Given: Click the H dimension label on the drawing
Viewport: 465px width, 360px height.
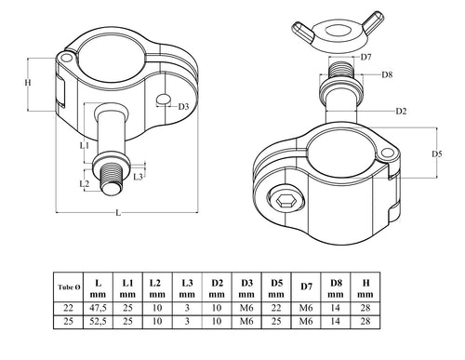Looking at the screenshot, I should (29, 83).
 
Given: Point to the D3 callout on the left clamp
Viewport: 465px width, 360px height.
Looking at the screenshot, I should (183, 107).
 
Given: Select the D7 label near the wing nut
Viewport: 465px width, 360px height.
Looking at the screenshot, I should (366, 58).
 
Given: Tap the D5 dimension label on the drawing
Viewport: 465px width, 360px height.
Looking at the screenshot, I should (438, 153).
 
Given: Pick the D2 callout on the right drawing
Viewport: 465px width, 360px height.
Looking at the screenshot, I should (401, 112).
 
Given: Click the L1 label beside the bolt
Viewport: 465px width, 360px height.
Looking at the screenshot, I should (84, 145).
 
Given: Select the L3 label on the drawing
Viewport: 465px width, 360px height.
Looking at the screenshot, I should (138, 175).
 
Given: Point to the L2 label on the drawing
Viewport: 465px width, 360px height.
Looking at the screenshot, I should (85, 183).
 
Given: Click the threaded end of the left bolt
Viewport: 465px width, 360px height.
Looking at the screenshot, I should (112, 179).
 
